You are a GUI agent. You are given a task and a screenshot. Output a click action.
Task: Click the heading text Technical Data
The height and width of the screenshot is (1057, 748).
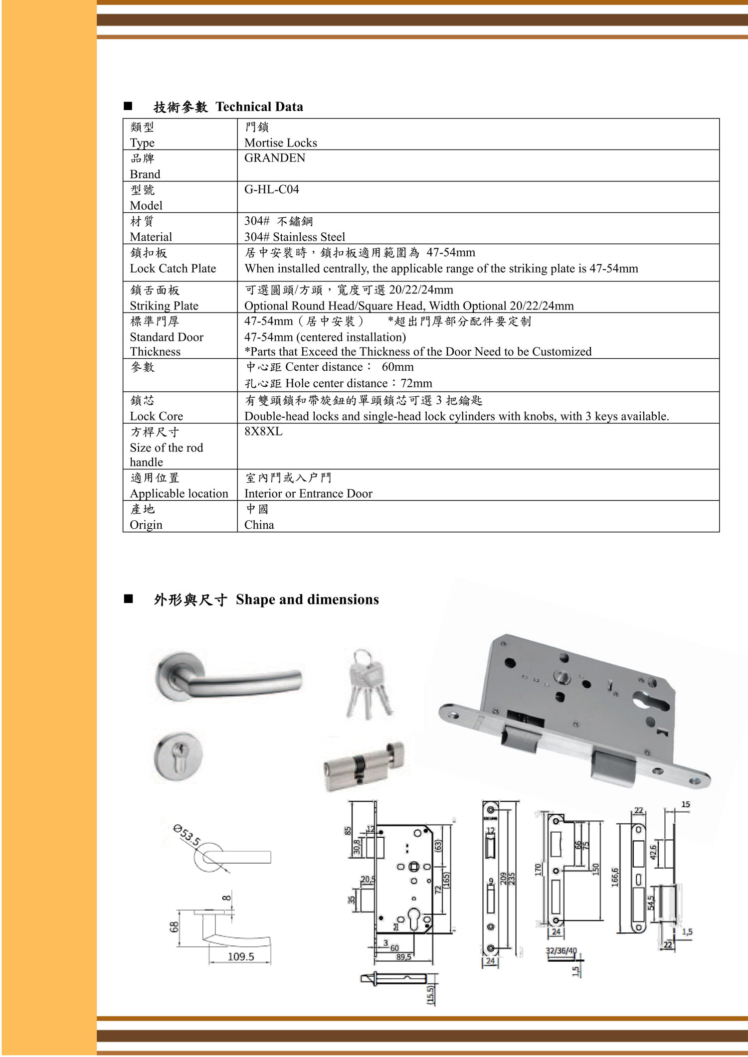click(x=259, y=107)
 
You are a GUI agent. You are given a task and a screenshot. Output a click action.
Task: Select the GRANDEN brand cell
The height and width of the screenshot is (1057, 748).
click(x=274, y=158)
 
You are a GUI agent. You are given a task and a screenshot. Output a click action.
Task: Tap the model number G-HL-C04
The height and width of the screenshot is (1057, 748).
click(x=271, y=189)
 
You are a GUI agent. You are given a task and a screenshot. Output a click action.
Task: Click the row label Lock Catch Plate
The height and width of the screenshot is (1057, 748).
click(x=173, y=269)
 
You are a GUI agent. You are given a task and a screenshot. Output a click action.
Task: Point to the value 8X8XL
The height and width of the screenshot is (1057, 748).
click(x=263, y=432)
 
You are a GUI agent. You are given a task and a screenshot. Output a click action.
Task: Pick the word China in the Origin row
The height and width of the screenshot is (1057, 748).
click(x=259, y=525)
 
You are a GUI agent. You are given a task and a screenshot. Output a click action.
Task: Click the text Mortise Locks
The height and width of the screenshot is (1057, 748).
click(x=280, y=143)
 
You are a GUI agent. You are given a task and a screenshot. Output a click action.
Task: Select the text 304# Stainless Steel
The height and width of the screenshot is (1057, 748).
click(x=294, y=237)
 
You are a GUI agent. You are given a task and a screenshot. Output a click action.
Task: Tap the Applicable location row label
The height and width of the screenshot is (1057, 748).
click(x=179, y=493)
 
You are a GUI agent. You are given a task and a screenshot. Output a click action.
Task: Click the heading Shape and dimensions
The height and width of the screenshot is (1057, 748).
click(x=307, y=600)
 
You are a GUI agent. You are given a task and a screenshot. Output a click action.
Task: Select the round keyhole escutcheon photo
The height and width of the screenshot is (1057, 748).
click(x=178, y=756)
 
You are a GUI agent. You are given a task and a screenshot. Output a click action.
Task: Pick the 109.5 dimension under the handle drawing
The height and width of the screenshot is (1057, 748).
click(x=240, y=956)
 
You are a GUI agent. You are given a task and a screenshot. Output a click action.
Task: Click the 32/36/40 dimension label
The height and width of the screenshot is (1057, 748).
click(x=561, y=950)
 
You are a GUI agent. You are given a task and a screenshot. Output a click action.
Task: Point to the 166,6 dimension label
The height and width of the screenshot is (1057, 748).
click(x=615, y=877)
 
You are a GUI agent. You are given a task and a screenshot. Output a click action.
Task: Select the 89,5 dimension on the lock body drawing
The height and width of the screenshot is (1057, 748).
click(x=403, y=957)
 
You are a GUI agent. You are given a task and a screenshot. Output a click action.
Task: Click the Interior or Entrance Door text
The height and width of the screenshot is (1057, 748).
click(x=308, y=493)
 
